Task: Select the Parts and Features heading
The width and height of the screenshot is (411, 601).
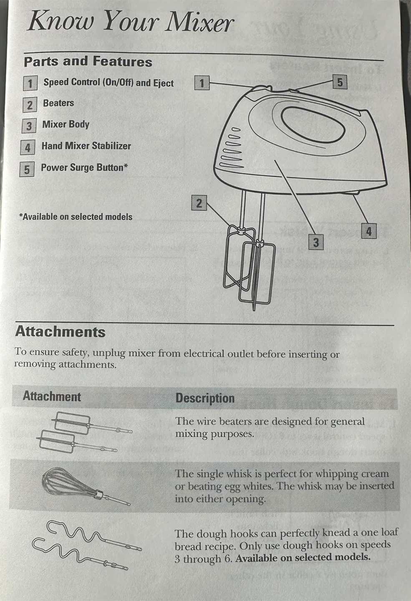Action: coord(88,61)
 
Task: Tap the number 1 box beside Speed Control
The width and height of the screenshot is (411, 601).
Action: coord(30,83)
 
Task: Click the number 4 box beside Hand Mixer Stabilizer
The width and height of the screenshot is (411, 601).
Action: coord(28,147)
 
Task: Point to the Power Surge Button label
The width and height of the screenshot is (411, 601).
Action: coord(84,167)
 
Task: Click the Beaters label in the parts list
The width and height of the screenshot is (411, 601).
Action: coord(58,103)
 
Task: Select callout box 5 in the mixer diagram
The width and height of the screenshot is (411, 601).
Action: coord(340,82)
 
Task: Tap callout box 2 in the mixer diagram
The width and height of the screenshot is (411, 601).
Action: coord(199,203)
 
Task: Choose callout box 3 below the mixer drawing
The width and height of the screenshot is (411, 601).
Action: coord(316,242)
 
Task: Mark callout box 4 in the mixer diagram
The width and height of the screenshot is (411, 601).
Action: coord(369,231)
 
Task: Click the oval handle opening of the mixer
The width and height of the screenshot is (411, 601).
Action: coord(313,125)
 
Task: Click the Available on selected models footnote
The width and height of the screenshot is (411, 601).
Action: coord(76,217)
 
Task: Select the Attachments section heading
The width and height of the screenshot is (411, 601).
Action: coord(61,332)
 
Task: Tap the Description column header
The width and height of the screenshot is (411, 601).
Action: coord(205,398)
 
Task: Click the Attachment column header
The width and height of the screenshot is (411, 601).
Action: coord(52,396)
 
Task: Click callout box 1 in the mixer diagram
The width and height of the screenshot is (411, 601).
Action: coord(202,83)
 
